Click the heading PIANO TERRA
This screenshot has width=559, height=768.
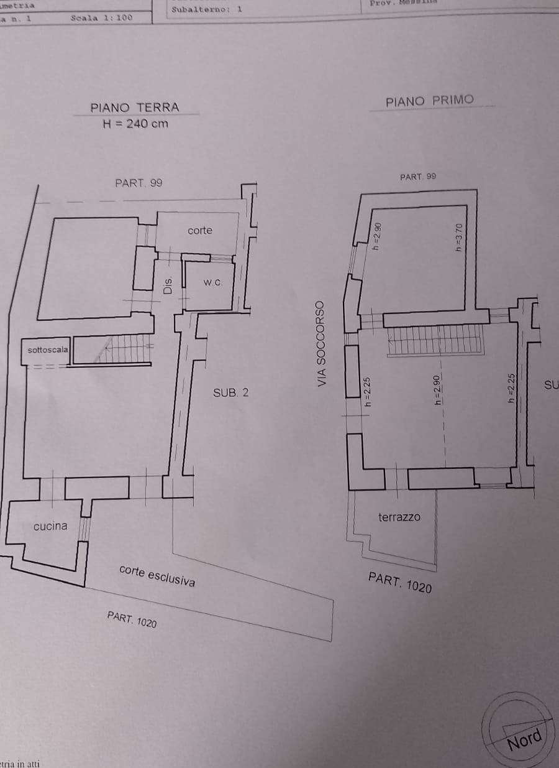[x=134, y=107]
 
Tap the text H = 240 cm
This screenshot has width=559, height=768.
[x=135, y=123]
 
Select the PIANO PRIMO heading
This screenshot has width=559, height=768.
[x=429, y=101]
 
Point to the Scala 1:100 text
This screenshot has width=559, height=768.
[x=101, y=18]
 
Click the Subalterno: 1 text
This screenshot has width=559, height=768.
[x=207, y=9]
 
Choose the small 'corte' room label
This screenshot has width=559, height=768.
[x=200, y=231]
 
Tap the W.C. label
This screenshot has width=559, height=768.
[x=212, y=282]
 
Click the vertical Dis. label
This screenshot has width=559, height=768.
[x=167, y=285]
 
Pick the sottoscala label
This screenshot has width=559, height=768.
[x=48, y=350]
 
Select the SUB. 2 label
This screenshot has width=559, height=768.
[x=230, y=392]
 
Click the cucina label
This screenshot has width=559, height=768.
[x=50, y=526]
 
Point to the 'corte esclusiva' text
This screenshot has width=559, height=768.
[x=157, y=576]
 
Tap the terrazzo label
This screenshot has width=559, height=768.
[x=399, y=517]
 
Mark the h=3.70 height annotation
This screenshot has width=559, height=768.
[x=459, y=236]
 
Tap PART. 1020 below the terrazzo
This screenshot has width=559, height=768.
[x=399, y=583]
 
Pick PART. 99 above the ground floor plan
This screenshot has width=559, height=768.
[x=139, y=183]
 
